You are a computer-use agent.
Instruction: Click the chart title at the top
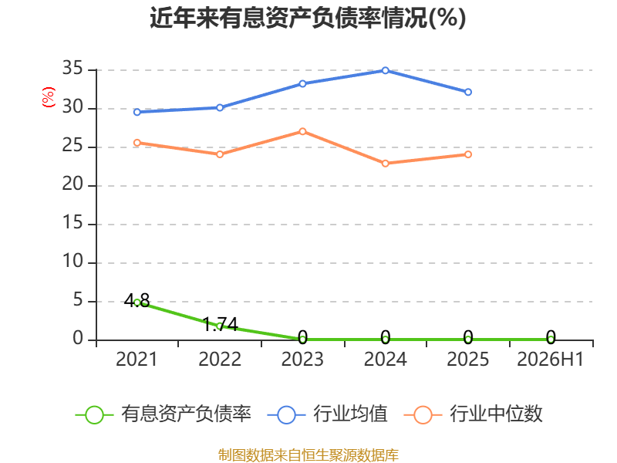[x=308, y=18]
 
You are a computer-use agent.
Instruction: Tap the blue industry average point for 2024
[x=385, y=70]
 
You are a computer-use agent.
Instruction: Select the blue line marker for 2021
[x=137, y=112]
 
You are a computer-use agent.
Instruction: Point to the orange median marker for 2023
[x=302, y=131]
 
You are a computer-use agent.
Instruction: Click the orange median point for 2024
[x=385, y=164]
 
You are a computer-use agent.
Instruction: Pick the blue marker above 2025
[x=468, y=92]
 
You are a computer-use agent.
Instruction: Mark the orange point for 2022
[x=220, y=154]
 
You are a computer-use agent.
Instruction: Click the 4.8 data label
[x=137, y=301]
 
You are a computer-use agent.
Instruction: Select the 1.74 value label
[x=220, y=324]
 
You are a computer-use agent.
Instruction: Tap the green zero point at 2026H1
[x=551, y=339]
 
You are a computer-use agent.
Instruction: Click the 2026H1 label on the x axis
[x=550, y=359]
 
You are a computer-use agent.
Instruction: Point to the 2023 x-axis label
[x=302, y=359]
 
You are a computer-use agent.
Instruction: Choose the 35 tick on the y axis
[x=72, y=69]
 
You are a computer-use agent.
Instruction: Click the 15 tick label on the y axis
[x=72, y=223]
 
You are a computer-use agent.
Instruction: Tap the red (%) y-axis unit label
[x=49, y=97]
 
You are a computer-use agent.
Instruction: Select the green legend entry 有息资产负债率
[x=163, y=414]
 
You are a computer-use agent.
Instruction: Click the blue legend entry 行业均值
[x=327, y=414]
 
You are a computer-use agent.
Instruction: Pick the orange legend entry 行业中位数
[x=473, y=414]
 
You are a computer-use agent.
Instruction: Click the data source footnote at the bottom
[x=308, y=455]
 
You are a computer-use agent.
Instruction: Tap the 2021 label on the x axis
[x=137, y=359]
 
